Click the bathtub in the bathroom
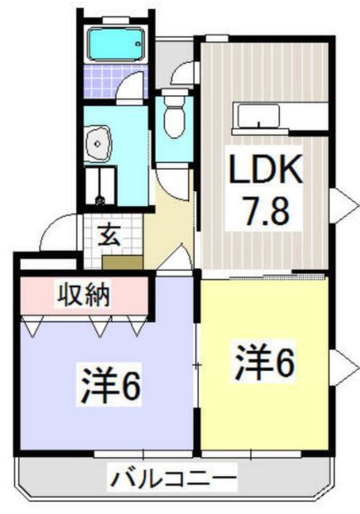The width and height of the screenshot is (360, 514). [116, 44]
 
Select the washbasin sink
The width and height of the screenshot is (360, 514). [98, 144]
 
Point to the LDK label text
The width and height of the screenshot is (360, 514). [265, 170]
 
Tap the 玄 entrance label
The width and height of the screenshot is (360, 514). [110, 235]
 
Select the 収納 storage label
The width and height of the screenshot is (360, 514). [84, 295]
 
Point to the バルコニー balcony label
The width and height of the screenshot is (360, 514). [173, 479]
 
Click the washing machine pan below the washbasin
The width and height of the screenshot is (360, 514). [100, 185]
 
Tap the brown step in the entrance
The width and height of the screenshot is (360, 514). [122, 262]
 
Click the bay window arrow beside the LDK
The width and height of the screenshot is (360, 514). [344, 205]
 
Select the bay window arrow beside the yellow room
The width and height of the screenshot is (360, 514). [344, 367]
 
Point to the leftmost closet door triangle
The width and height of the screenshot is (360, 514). [31, 326]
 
